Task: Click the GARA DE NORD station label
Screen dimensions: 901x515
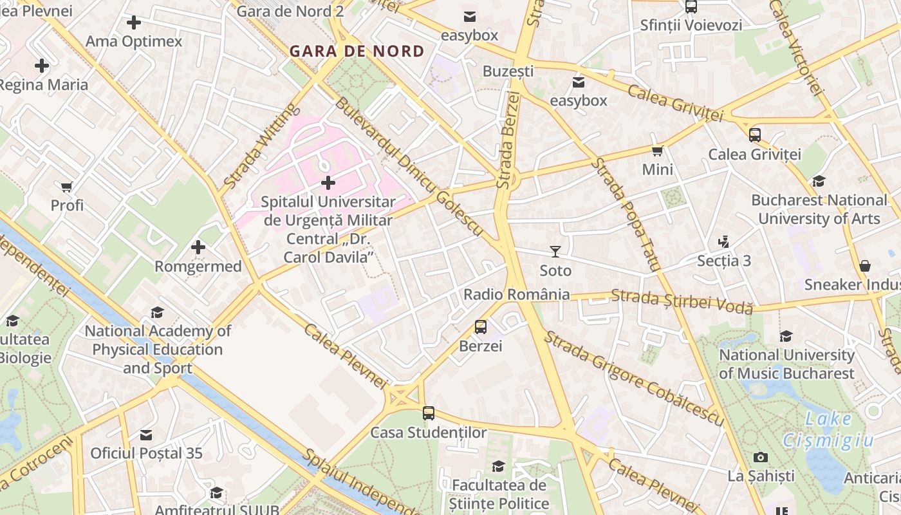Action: pos(357,51)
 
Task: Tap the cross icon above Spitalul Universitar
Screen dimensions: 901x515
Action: pos(328,183)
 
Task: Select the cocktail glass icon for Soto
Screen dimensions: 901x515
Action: pos(555,251)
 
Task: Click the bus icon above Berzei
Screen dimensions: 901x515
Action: pos(481,327)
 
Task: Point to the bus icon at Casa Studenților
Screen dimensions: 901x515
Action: pos(429,413)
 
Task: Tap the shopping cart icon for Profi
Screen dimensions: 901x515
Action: pos(67,187)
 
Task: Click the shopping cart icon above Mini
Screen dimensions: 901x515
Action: pos(657,151)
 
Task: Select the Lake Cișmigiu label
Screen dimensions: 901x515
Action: pos(828,429)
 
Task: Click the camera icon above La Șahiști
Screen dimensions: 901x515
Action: pos(761,457)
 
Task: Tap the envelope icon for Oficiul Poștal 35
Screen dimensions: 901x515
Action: pos(147,435)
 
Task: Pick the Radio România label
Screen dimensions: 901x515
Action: pos(516,294)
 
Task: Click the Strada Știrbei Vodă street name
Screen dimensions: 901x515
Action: pos(682,301)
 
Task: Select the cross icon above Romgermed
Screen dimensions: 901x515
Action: pos(198,247)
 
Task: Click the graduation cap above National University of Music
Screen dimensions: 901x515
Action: pos(786,336)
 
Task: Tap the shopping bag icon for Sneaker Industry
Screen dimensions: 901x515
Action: pos(865,266)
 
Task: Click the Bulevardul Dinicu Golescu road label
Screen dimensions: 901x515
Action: pos(409,166)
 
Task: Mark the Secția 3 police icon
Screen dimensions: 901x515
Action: pos(724,242)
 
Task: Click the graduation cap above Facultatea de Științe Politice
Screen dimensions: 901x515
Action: pos(499,466)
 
